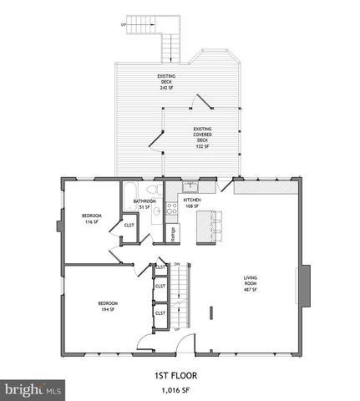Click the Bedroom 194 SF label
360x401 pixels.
pyautogui.click(x=108, y=306)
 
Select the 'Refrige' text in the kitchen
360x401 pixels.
pyautogui.click(x=173, y=234)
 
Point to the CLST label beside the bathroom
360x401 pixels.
pyautogui.click(x=129, y=226)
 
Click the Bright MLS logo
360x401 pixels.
pyautogui.click(x=33, y=389)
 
